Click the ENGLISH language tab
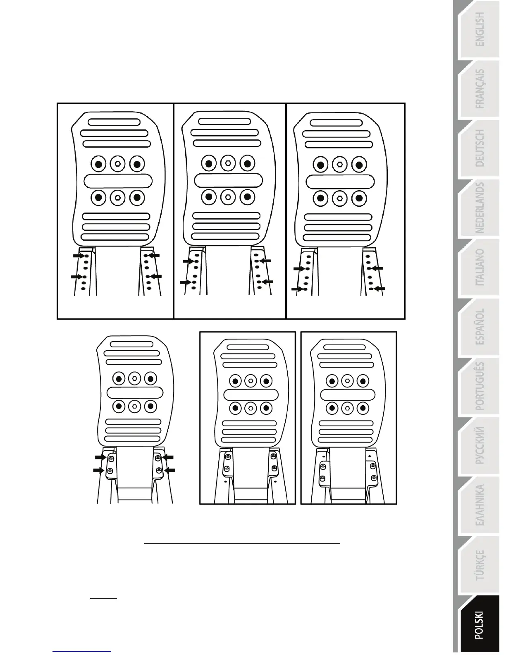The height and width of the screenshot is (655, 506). (480, 29)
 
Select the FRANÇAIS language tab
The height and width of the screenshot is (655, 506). (480, 89)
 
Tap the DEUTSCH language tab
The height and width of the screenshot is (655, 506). (480, 148)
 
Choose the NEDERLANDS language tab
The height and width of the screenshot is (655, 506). (480, 208)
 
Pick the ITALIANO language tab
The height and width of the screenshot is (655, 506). (480, 268)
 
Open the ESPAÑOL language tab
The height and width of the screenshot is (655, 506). (480, 327)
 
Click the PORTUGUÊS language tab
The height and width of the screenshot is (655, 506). (480, 386)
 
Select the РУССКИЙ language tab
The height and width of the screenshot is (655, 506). (480, 446)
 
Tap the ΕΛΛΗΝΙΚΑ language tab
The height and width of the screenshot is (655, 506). (480, 505)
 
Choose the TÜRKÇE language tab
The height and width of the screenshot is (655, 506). (480, 565)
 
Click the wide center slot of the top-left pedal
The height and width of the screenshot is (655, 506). (118, 181)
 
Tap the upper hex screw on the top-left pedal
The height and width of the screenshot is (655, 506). (118, 164)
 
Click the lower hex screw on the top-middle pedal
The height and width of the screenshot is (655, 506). (228, 197)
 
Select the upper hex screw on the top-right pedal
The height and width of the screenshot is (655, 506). (339, 164)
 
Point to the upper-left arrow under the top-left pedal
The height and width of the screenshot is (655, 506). (78, 256)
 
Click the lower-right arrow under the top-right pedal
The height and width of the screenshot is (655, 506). (380, 288)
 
